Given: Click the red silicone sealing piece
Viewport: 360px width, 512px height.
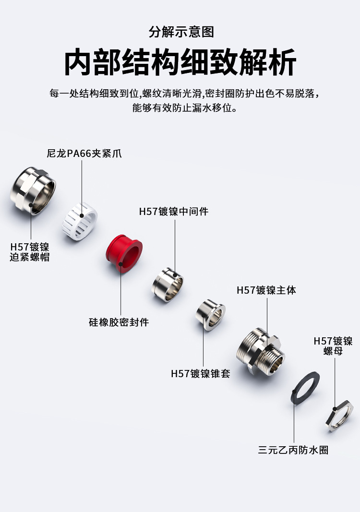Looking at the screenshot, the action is [123, 254].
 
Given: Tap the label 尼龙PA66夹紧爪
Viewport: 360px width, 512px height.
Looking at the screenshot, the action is [84, 154].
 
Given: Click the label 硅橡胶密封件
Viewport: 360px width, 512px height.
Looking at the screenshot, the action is [119, 322].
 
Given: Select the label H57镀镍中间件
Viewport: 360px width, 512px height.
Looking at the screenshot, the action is [174, 211].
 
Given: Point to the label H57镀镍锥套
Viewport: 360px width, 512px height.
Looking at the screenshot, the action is [201, 373].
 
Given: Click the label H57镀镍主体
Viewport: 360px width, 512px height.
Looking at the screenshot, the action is [266, 290].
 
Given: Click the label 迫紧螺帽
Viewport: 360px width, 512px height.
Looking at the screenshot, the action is [30, 257].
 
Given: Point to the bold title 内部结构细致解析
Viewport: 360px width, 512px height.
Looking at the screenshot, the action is [180, 62].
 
